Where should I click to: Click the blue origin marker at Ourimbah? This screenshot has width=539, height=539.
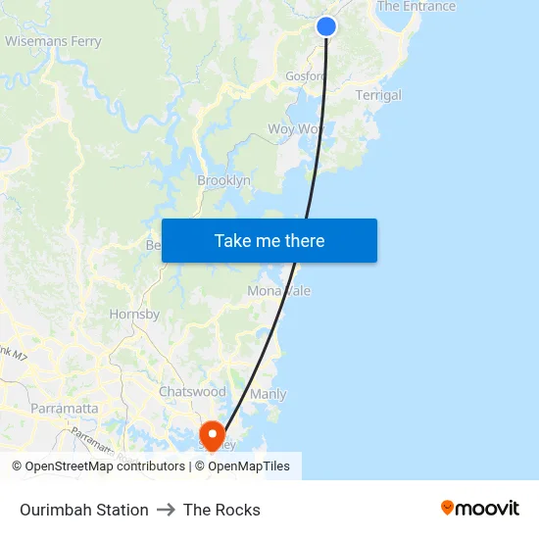326,26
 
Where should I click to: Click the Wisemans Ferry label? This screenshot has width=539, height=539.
53,41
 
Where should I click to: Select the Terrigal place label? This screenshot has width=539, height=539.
378,95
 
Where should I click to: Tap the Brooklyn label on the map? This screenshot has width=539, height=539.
223,180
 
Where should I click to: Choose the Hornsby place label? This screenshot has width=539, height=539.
134,315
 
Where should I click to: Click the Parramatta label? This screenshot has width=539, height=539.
64,408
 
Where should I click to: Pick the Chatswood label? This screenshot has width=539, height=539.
192,391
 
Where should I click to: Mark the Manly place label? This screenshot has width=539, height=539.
269,394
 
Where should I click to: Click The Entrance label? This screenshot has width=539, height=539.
416,7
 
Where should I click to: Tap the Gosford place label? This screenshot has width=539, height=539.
305,76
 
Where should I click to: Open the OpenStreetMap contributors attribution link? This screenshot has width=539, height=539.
98,466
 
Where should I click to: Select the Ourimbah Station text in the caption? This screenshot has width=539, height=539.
84,510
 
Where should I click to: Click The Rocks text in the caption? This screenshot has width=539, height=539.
221,510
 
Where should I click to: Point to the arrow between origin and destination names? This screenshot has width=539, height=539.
166,510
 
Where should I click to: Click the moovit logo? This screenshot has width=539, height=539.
479,508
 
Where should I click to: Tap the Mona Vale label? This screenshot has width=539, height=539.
278,291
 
